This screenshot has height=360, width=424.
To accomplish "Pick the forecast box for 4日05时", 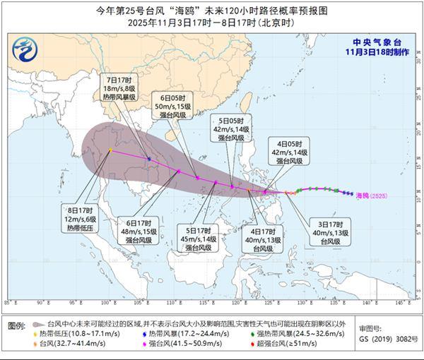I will pos(292,151).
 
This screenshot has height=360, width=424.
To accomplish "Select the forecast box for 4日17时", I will pos(267,239).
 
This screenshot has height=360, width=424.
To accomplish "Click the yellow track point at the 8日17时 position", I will pos(110,150).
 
